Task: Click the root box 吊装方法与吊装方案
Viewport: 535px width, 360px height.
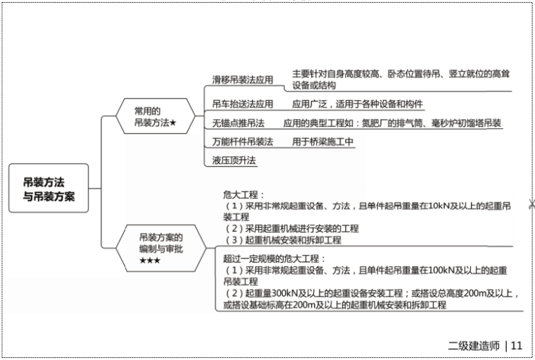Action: pyautogui.click(x=49, y=187)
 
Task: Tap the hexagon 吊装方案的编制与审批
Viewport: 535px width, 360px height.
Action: pyautogui.click(x=160, y=248)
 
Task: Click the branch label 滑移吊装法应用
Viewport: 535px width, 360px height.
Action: pyautogui.click(x=242, y=80)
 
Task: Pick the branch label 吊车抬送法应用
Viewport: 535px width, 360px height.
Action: pyautogui.click(x=242, y=104)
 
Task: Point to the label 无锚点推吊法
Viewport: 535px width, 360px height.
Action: pyautogui.click(x=238, y=123)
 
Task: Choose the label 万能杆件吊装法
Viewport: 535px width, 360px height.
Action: pyautogui.click(x=242, y=142)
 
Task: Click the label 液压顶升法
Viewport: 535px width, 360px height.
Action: pyautogui.click(x=234, y=160)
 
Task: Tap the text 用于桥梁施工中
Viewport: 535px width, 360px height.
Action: pyautogui.click(x=323, y=142)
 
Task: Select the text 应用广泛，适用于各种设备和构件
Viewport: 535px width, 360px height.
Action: pyautogui.click(x=358, y=104)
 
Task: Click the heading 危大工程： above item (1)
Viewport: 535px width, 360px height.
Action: pyautogui.click(x=243, y=194)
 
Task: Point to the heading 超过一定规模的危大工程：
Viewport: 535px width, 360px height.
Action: pyautogui.click(x=272, y=259)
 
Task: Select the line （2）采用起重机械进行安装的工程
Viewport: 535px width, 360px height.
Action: pyautogui.click(x=291, y=228)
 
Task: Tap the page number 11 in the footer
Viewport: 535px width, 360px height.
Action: pyautogui.click(x=516, y=345)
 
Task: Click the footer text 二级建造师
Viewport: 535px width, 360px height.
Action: pyautogui.click(x=473, y=345)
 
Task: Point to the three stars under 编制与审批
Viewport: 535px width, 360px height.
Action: pyautogui.click(x=150, y=261)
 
